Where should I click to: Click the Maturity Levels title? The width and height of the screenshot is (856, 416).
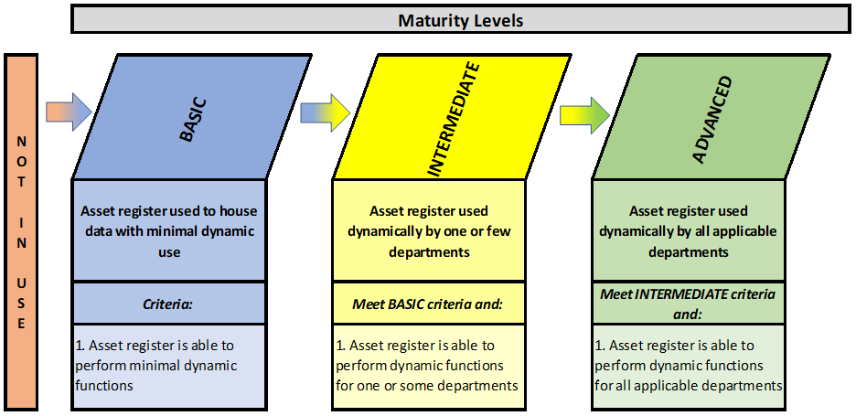tap(461, 21)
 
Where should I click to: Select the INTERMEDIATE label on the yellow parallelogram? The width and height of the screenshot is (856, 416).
tap(452, 119)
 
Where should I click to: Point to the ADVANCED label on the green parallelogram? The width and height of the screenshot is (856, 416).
tap(712, 119)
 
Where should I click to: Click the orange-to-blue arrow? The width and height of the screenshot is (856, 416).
tap(69, 112)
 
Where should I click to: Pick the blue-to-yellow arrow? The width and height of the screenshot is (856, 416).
tap(325, 112)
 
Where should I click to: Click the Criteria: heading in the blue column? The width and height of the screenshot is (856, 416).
tap(168, 304)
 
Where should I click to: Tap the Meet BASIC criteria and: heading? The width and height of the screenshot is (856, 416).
tap(429, 304)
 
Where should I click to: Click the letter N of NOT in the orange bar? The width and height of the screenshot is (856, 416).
tap(21, 142)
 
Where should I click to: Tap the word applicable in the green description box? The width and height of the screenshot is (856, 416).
tap(750, 231)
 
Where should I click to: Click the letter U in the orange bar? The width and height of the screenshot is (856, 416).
tap(21, 283)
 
